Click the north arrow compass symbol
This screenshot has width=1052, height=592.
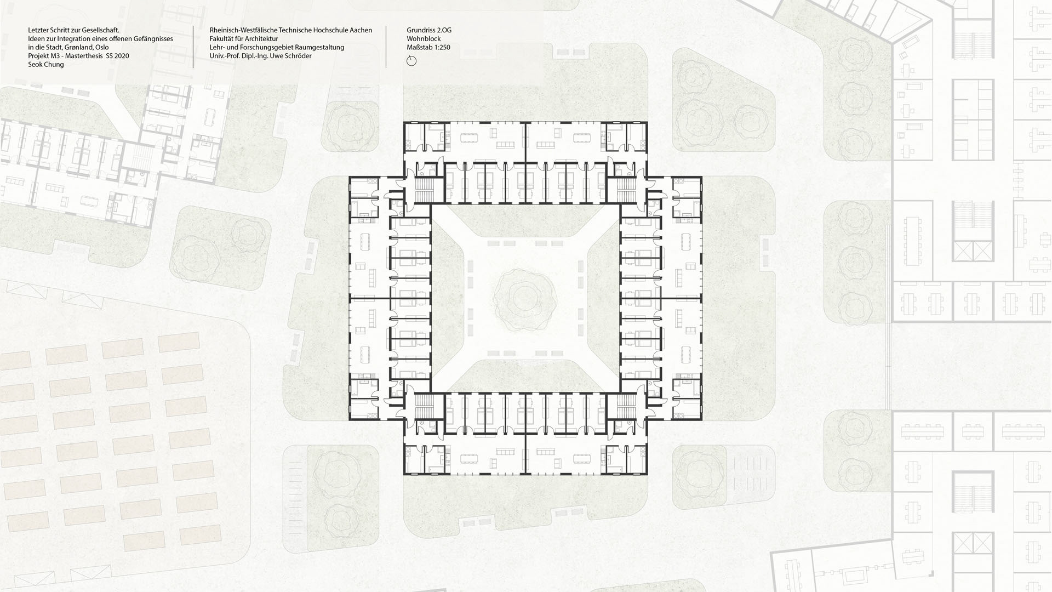(x=411, y=61)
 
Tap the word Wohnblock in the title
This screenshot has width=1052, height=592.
(x=424, y=39)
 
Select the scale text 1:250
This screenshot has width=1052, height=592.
(x=441, y=48)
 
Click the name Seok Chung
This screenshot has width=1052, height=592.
(x=46, y=65)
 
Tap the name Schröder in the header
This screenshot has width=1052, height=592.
(x=298, y=56)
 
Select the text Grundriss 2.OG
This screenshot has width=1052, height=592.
(x=429, y=30)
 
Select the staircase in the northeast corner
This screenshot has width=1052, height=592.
(x=627, y=190)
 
